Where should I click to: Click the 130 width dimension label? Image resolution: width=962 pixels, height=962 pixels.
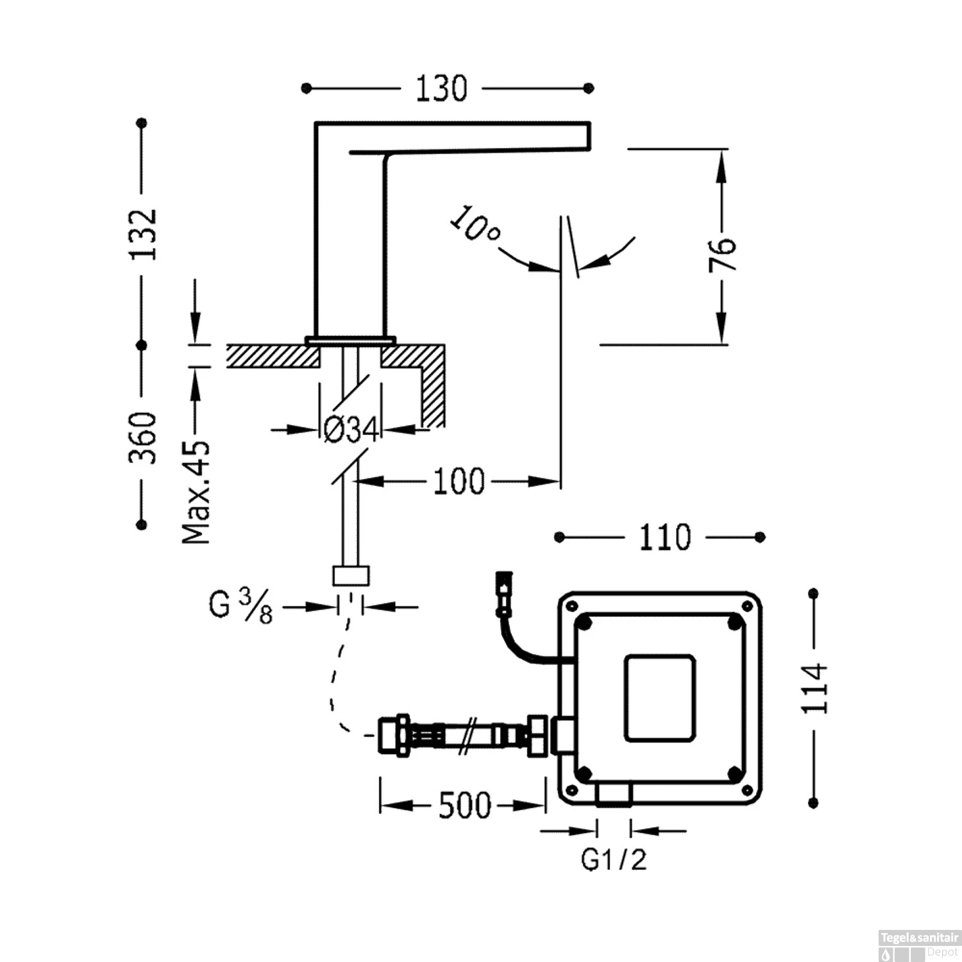click(x=441, y=89)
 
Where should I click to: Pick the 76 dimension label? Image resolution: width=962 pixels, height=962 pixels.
click(x=722, y=255)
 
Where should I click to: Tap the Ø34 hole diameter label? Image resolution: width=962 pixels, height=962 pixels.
click(x=351, y=430)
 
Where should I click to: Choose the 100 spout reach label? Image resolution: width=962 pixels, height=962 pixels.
click(x=459, y=482)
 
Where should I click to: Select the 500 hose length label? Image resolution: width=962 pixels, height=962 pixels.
click(x=464, y=806)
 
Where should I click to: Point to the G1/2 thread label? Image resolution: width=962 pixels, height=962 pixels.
click(x=614, y=860)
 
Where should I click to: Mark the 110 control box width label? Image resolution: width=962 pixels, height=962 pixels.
click(x=664, y=537)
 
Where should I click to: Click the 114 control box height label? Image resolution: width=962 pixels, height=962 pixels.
click(x=815, y=689)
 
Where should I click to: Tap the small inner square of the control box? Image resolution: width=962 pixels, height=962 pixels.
click(x=660, y=698)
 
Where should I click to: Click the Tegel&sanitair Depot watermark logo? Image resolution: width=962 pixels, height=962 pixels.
click(x=918, y=945)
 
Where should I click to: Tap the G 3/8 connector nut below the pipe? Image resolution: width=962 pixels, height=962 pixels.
click(x=351, y=575)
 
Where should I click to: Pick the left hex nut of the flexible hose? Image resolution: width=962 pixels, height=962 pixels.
click(x=392, y=734)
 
